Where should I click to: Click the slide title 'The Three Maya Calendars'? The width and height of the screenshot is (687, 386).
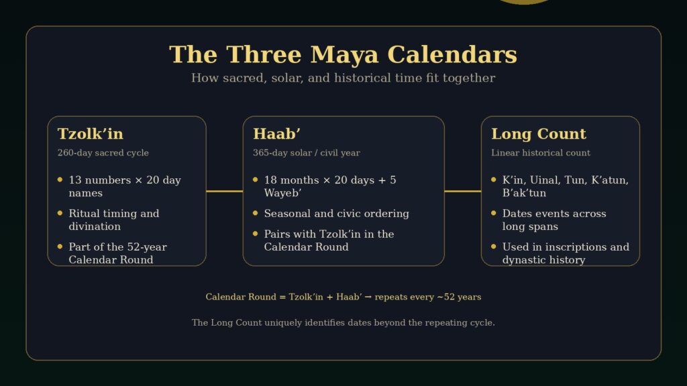click(343, 54)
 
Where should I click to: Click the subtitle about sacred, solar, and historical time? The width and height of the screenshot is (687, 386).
click(343, 78)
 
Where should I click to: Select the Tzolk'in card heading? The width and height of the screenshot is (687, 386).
click(91, 133)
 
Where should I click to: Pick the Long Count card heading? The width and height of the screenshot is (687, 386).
click(539, 133)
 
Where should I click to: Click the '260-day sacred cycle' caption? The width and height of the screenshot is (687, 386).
click(103, 153)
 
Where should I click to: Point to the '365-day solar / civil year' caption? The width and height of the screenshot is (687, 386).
click(306, 153)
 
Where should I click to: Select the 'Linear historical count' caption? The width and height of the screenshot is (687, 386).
click(541, 153)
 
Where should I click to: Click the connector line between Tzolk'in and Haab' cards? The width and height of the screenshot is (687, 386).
click(224, 191)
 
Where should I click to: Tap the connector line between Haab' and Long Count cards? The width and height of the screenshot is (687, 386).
click(463, 191)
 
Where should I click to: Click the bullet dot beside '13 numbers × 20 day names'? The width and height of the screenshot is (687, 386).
click(60, 180)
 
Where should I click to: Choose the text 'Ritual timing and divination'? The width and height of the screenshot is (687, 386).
click(113, 220)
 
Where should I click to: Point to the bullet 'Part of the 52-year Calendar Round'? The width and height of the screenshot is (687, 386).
click(117, 253)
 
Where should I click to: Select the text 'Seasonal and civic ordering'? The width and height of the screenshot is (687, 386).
click(336, 213)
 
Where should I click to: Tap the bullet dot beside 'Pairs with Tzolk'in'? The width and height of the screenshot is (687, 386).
click(255, 233)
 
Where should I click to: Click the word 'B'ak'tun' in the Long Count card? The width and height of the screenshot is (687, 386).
click(524, 193)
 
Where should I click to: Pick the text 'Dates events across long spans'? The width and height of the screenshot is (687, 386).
click(554, 220)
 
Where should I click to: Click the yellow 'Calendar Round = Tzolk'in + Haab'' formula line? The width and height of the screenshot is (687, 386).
click(343, 297)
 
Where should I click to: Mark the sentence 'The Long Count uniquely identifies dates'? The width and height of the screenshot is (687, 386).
click(343, 322)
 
